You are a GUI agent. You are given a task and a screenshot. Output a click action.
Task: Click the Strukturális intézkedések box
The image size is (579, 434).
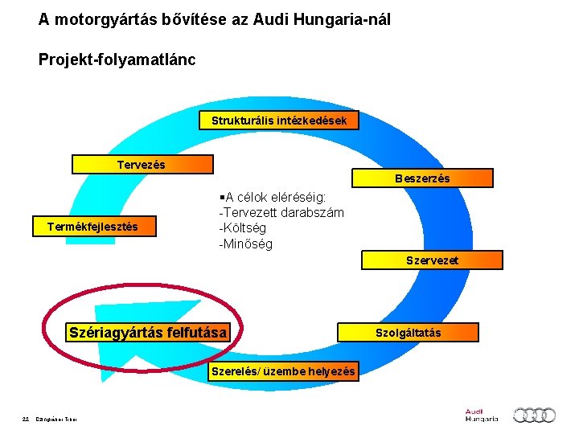279,121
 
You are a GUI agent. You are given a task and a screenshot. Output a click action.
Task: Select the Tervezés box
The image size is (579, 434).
142,165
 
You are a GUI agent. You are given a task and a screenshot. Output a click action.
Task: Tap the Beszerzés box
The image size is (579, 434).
422,178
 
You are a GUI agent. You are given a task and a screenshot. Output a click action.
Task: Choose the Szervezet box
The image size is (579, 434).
432,260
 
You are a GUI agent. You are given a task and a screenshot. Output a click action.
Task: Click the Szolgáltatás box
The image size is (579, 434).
408,332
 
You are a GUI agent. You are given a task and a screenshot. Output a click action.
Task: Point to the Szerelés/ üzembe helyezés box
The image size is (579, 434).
283,371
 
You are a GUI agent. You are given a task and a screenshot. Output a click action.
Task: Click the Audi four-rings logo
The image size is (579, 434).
535,415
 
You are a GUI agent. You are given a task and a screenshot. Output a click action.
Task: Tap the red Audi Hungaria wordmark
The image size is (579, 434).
481,415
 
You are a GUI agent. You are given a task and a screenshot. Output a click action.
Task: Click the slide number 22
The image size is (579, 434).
27,416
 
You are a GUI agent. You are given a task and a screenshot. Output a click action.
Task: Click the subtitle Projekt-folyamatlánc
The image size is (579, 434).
117,60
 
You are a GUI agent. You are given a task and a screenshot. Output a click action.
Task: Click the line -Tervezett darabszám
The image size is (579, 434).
281,212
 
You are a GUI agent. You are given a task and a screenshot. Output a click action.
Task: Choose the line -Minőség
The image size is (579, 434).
245,244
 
